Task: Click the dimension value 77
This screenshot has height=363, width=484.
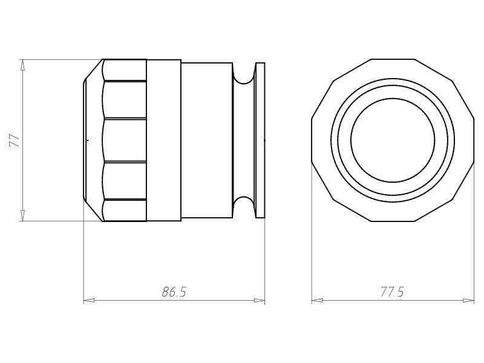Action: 15,140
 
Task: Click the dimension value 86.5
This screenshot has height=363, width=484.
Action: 174,292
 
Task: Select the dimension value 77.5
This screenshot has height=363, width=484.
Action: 392,292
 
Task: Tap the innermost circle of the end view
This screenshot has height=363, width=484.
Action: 393,140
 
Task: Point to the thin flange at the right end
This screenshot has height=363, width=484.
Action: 260,140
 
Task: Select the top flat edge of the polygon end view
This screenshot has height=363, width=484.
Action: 393,59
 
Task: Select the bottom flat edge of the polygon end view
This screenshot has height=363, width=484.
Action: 393,221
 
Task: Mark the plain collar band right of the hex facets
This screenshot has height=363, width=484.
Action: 163,140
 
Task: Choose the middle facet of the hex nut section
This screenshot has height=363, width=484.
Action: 125,140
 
